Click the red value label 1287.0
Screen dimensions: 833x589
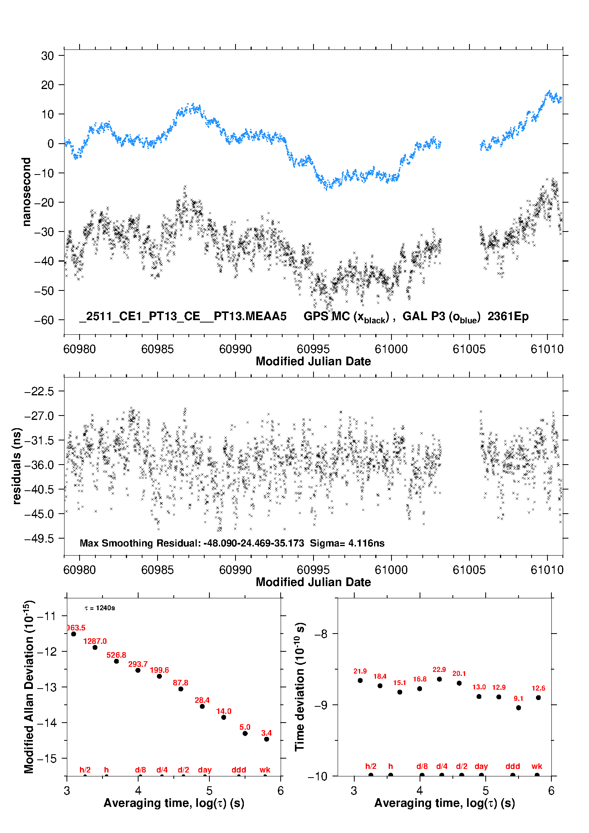point(95,641)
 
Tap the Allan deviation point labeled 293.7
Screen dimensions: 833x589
point(138,670)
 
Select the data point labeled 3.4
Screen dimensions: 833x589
point(266,739)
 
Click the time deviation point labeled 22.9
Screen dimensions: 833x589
point(439,679)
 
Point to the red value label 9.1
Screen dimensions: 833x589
point(519,698)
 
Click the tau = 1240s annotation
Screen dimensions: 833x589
point(100,608)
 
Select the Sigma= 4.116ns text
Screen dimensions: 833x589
point(347,543)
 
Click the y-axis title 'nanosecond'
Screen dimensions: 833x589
point(26,192)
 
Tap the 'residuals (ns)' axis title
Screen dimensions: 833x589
point(17,466)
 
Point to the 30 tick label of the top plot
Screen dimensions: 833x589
point(47,56)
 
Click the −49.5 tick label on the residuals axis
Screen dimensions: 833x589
point(39,539)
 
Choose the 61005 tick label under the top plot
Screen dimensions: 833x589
point(469,349)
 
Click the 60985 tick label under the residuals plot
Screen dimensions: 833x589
point(158,570)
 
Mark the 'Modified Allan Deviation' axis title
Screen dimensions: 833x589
point(29,687)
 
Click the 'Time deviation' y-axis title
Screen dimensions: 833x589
point(300,687)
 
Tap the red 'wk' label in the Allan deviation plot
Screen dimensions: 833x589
point(265,770)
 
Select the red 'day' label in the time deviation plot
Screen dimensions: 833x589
point(481,766)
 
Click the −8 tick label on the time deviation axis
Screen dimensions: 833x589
point(321,634)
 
